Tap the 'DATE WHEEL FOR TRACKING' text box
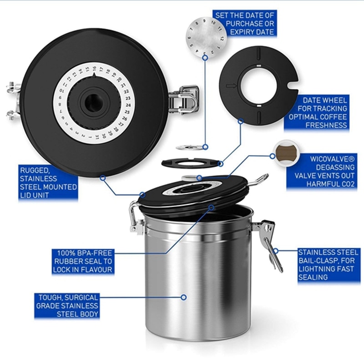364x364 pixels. [321, 112]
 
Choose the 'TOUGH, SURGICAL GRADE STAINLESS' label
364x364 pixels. [67, 305]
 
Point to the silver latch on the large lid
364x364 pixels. [185, 99]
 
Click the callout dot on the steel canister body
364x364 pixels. [184, 297]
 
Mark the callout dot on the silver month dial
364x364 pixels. [205, 57]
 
